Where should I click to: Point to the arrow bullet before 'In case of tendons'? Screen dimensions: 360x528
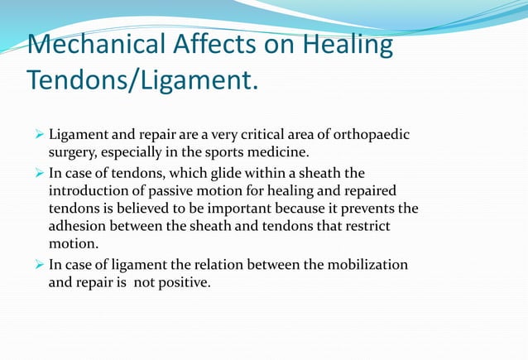(38, 172)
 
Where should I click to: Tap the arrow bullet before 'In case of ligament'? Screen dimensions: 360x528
(38, 264)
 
